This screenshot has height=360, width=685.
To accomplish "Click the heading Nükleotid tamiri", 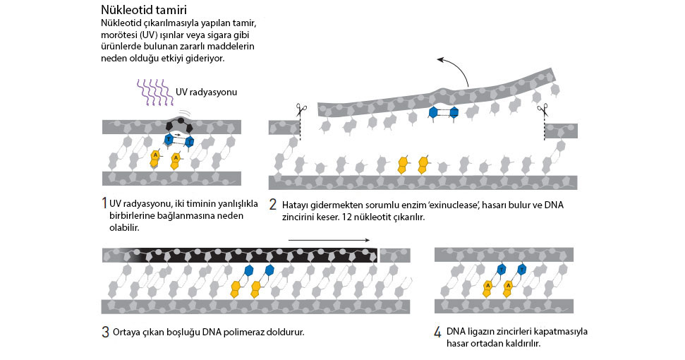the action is [x=144, y=10].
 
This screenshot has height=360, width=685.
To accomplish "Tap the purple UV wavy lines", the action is [x=155, y=92].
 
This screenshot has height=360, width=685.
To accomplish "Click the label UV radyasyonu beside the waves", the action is [x=206, y=92].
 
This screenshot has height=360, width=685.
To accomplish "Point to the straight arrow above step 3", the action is [x=329, y=240].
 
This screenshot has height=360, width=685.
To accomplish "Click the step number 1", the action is [x=104, y=203].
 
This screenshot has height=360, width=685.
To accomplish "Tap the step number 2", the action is [x=272, y=205].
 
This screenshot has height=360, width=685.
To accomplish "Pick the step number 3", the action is [x=105, y=332].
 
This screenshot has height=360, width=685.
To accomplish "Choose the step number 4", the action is [x=437, y=332].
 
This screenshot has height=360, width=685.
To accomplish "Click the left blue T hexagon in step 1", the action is [x=169, y=139].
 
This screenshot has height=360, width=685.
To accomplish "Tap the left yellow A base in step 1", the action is [x=155, y=158].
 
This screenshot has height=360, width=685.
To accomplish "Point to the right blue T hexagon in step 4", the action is [x=521, y=269].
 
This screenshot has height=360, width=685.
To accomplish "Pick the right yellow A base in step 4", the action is [x=508, y=288].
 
